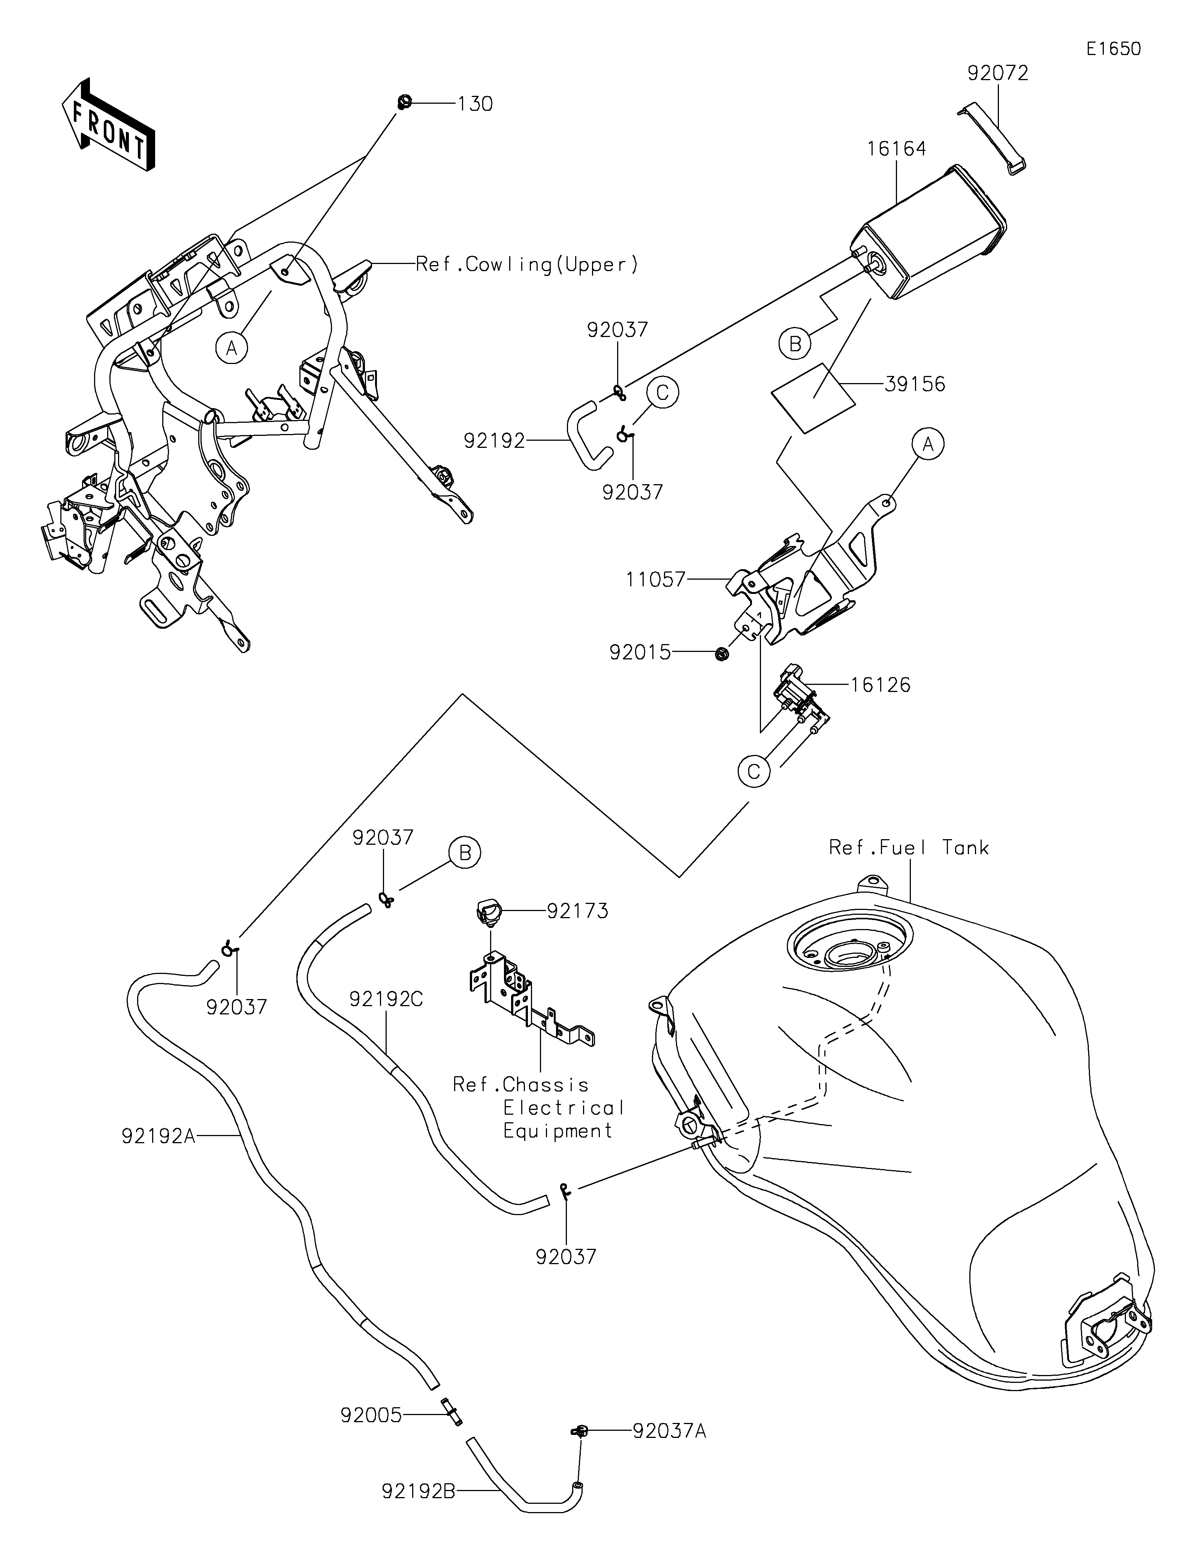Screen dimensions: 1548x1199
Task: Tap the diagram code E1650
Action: (x=1113, y=49)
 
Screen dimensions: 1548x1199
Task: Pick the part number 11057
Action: (x=656, y=580)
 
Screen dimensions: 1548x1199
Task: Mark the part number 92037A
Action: (x=669, y=1432)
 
